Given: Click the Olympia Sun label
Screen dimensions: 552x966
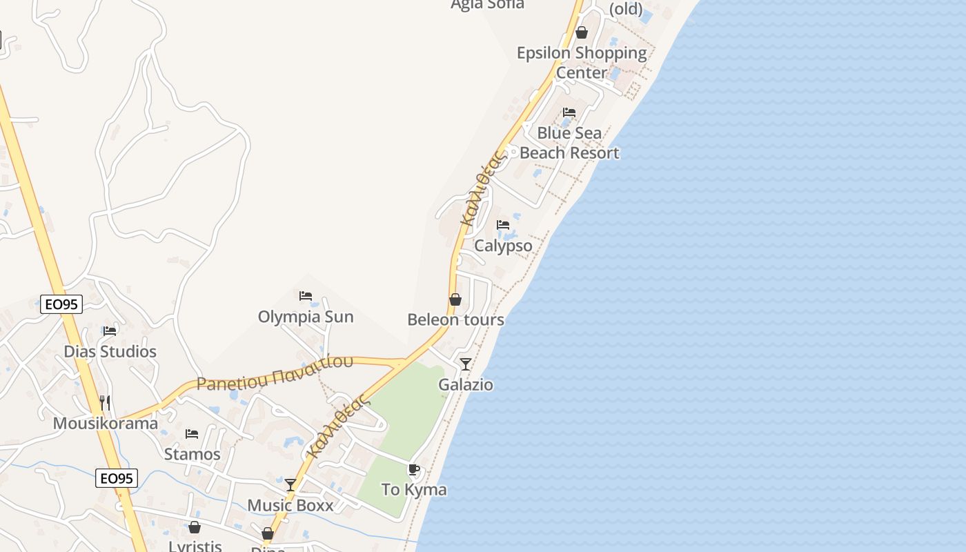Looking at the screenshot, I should (x=306, y=317).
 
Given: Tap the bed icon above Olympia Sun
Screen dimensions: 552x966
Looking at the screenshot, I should (x=306, y=296).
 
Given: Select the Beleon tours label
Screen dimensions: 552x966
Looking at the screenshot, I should (x=455, y=319).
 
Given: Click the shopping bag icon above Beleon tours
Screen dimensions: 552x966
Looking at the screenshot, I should (x=455, y=299).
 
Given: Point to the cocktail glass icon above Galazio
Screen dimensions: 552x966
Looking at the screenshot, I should (x=466, y=364).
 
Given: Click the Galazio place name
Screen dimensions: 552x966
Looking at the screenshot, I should (x=466, y=384).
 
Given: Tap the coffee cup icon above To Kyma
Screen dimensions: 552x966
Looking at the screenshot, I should (x=414, y=470).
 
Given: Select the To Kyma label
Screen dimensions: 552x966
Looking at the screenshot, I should (x=414, y=490).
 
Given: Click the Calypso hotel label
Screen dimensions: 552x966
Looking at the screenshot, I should (x=503, y=246).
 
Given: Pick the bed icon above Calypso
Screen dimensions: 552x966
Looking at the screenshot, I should (x=503, y=225).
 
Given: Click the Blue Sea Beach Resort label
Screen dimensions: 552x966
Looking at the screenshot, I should (x=569, y=143).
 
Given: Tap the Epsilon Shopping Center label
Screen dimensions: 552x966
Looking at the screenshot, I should (x=582, y=62).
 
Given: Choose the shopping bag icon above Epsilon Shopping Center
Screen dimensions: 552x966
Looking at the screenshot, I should (x=582, y=32).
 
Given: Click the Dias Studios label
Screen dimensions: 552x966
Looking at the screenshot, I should (x=110, y=351).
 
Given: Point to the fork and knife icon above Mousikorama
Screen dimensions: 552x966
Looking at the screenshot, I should (x=105, y=402).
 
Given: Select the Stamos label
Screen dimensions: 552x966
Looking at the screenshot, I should (x=193, y=454).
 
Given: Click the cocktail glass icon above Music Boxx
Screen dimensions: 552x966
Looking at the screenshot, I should (x=290, y=485).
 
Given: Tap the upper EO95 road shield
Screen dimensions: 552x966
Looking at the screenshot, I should (x=61, y=304).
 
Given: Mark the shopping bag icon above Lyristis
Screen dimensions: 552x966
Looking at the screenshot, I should (x=195, y=527).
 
